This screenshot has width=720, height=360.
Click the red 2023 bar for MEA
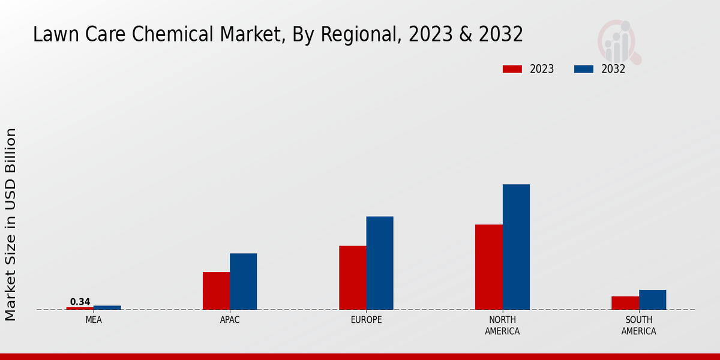80,308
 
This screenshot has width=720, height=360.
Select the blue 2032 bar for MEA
107,308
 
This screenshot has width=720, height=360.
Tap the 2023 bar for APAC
216,291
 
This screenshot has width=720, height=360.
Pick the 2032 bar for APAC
243,281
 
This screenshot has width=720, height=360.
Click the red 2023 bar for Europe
352,278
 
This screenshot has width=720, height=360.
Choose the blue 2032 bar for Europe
380,263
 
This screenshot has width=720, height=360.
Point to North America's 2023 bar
488,267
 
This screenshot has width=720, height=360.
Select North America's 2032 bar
516,247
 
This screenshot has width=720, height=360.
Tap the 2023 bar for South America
625,303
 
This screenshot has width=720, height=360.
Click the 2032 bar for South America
652,300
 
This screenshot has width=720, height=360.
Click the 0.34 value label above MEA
80,302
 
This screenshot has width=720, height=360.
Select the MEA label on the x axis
94,320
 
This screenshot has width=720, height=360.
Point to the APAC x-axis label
230,320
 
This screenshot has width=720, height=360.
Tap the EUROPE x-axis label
366,320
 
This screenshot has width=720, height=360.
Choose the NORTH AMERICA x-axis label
502,325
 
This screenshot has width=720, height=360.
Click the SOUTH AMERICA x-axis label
638,325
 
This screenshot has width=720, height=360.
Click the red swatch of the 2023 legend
512,69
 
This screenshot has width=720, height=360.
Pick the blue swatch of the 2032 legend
583,69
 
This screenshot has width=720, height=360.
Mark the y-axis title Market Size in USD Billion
11,224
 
